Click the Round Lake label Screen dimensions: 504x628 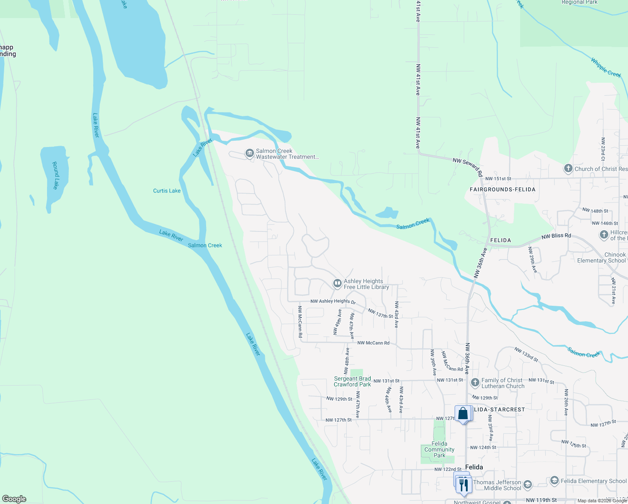[x=55, y=175]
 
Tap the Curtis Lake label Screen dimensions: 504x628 [x=167, y=191]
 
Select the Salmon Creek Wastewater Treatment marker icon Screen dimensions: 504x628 [x=250, y=153]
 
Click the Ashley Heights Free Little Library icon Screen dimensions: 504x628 [x=337, y=283]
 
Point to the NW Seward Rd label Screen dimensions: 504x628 [x=468, y=166]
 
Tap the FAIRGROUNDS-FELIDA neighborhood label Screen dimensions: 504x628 [x=502, y=189]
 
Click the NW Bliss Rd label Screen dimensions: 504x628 [x=556, y=236]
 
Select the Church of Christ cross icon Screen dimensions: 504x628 [x=568, y=169]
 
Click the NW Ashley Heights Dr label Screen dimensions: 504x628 [x=333, y=301]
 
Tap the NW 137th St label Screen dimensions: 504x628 [x=380, y=313]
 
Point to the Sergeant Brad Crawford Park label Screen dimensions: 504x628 [x=352, y=381]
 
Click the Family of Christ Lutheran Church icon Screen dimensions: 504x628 [x=475, y=382]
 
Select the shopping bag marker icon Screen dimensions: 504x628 [x=463, y=414]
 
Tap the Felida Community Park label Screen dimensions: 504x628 [x=439, y=449]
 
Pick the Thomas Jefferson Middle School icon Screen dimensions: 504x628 [x=528, y=485]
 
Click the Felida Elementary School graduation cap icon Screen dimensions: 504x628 [x=554, y=480]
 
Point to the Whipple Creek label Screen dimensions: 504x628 [x=606, y=67]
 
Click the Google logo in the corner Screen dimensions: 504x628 [x=14, y=499]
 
